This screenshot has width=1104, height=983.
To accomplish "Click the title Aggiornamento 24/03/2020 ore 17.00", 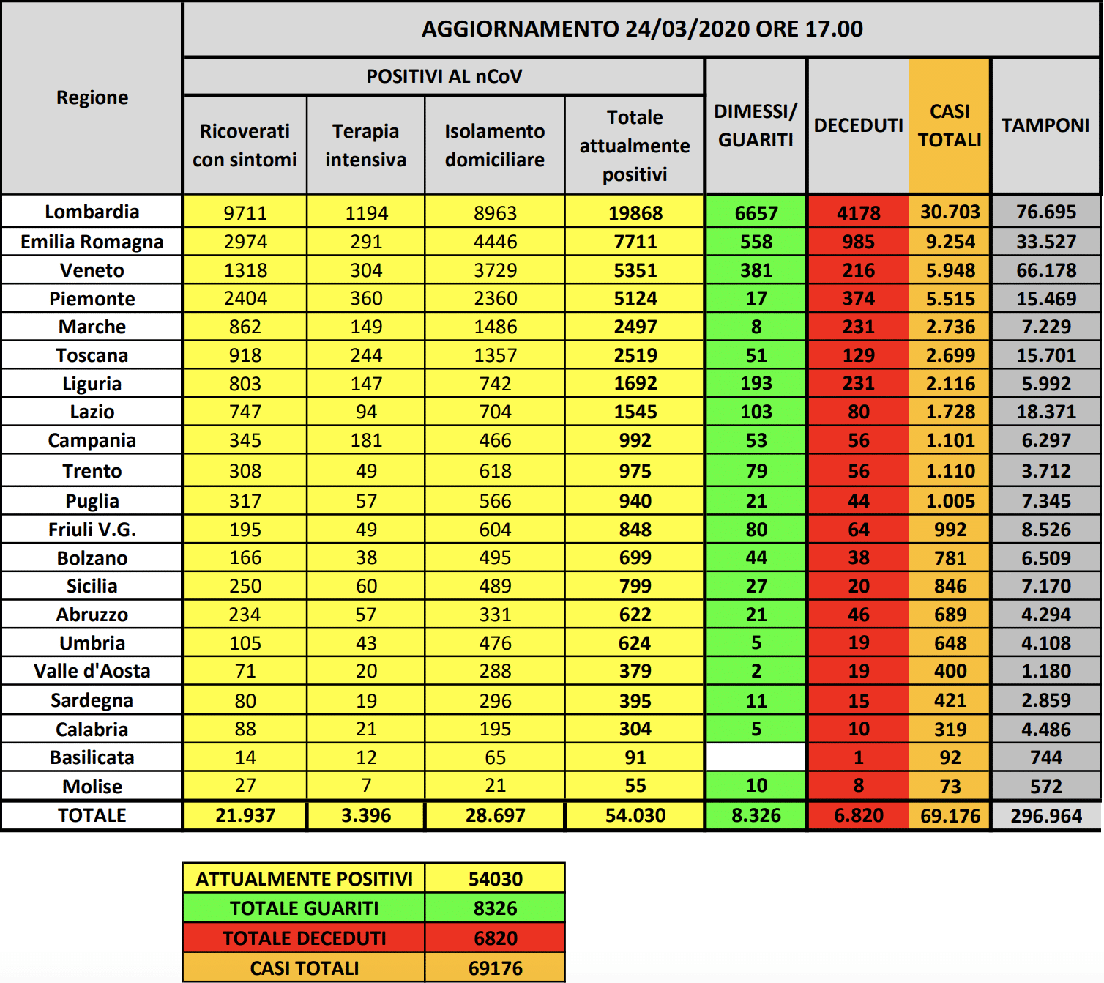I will coord(642,29).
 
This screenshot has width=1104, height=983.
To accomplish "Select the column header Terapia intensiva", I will coord(365,145).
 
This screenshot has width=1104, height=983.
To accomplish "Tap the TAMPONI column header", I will coord(1045,126).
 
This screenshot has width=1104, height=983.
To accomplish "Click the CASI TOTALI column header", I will coord(950,126).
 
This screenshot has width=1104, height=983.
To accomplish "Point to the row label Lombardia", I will coord(92,212).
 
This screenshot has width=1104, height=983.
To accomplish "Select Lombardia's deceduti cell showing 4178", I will coord(858,213).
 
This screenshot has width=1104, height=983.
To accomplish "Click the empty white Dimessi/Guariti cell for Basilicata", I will coord(756,757).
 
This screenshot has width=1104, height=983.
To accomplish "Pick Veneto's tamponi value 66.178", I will coord(1045,270).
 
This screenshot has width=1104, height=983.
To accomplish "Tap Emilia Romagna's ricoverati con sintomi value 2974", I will coord(245,242).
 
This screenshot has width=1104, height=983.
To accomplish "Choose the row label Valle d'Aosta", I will coord(92,671).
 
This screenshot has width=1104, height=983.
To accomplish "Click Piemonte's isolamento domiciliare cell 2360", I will coord(495,299).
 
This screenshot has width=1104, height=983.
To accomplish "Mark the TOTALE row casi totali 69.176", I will coord(950,815).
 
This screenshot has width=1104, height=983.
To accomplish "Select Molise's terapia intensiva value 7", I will coord(366,785).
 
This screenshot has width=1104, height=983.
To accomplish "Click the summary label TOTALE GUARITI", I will coord(304,908).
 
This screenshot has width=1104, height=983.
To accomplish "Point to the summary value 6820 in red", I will coord(495,938).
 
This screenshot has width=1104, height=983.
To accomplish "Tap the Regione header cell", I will coord(92,97).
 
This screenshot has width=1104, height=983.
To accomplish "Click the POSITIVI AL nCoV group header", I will coord(444,77).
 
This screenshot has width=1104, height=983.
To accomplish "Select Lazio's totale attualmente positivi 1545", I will coord(635,412).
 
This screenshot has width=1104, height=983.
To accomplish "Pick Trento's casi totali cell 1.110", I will coord(950,471).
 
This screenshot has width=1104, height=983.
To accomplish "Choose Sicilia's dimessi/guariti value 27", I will coord(756,586).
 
